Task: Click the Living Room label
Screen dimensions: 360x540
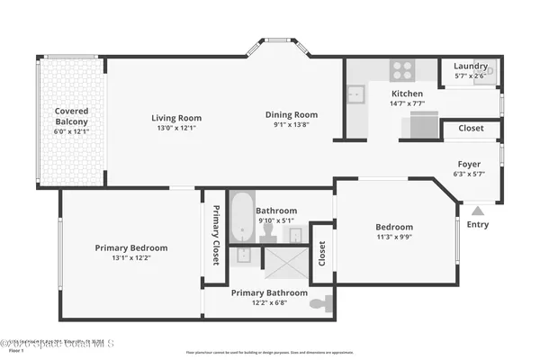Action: click(176, 118)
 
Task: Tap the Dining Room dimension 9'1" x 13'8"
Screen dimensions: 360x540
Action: click(292, 126)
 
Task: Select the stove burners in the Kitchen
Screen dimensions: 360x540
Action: click(401, 70)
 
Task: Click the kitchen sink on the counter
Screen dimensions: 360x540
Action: click(357, 92)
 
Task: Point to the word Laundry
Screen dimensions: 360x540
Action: click(470, 66)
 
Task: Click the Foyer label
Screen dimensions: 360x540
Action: click(469, 164)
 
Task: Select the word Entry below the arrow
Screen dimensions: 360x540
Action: click(478, 224)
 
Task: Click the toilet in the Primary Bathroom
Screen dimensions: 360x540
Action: click(319, 304)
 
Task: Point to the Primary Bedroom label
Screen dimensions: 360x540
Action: click(131, 247)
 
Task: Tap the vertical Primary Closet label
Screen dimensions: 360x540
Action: click(216, 236)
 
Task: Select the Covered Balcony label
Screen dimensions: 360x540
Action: click(71, 117)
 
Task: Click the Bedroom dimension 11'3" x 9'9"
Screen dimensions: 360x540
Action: click(394, 238)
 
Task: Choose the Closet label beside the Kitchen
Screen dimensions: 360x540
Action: click(471, 129)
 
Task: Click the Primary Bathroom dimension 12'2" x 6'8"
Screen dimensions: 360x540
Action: click(269, 304)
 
